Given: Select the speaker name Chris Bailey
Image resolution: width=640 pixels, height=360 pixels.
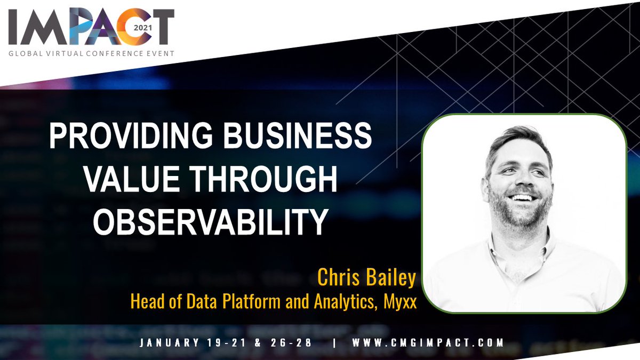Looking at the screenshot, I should click(x=366, y=277).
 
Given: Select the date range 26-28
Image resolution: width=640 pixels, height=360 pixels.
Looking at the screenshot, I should click(x=292, y=343).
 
